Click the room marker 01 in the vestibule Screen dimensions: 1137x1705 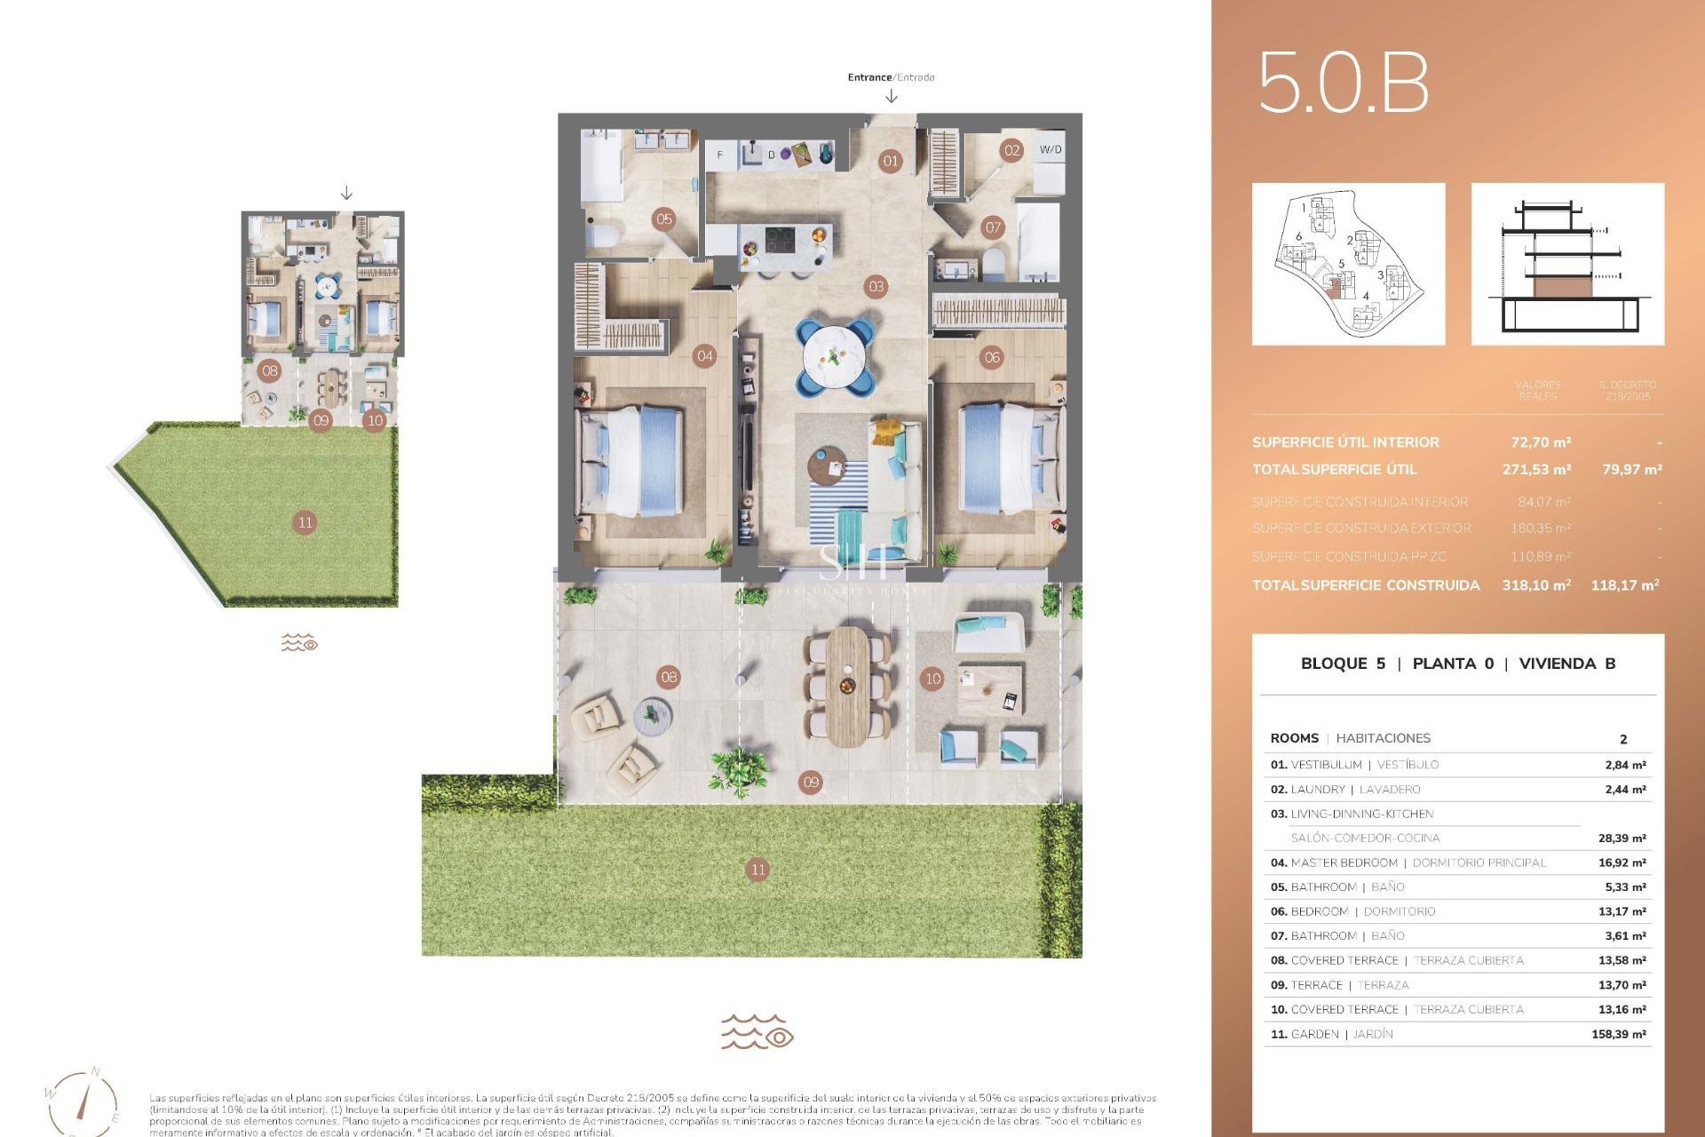click(890, 161)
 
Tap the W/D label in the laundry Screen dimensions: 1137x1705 click(1050, 149)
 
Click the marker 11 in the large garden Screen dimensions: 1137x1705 click(757, 870)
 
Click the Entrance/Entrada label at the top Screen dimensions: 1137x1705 click(891, 77)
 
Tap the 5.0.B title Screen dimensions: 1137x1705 click(1343, 83)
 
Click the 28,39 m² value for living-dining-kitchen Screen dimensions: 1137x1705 click(1622, 838)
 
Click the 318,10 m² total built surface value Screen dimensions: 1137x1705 click(1535, 584)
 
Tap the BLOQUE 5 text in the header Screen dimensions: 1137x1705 click(1342, 664)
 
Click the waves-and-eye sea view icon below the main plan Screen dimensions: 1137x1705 click(757, 1032)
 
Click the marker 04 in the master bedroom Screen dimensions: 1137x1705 click(705, 356)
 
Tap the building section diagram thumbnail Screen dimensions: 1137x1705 click(1567, 264)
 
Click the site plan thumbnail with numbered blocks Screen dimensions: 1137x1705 click(1348, 264)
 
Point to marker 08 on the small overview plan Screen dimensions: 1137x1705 click(270, 370)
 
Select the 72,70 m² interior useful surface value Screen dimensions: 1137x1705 click(1541, 441)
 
